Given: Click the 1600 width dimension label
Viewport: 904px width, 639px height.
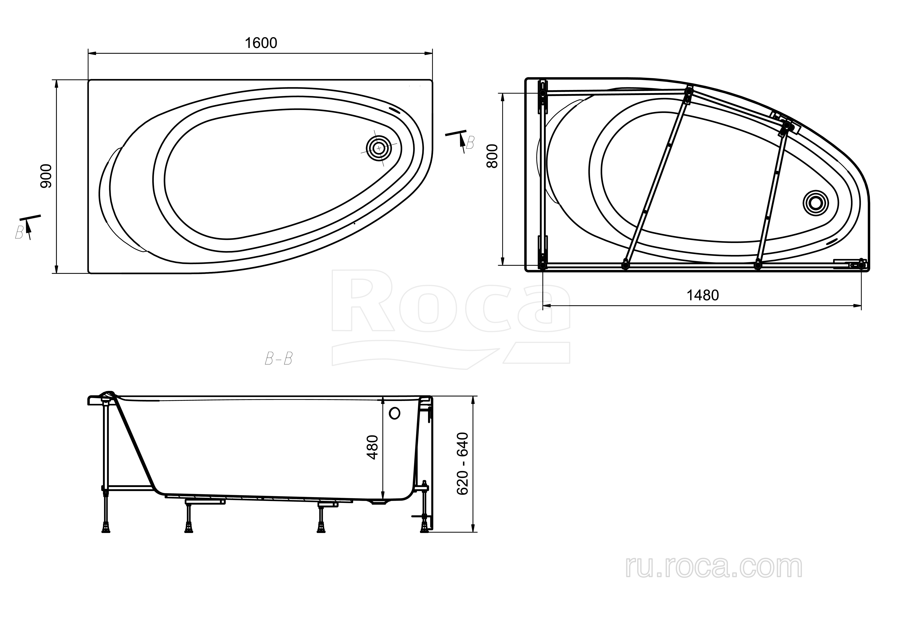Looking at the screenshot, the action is pyautogui.click(x=261, y=43).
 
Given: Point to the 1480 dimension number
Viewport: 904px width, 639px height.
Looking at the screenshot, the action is pyautogui.click(x=703, y=295).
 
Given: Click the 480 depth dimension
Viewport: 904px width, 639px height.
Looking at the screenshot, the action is pyautogui.click(x=372, y=447).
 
